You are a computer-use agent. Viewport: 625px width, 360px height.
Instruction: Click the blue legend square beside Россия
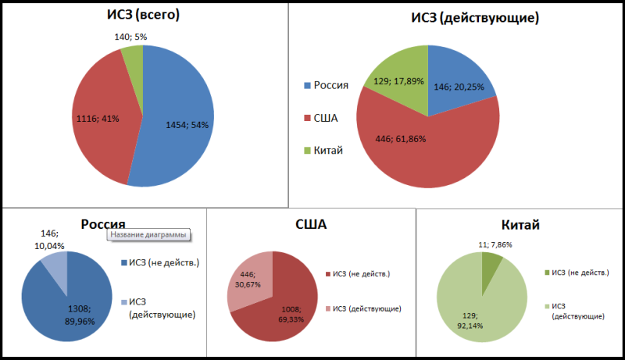click(x=308, y=85)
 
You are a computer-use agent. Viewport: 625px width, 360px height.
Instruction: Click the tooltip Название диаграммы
click(x=149, y=234)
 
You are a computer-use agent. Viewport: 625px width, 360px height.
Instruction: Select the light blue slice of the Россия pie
click(x=56, y=269)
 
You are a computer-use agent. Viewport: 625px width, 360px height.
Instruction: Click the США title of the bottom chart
click(x=311, y=225)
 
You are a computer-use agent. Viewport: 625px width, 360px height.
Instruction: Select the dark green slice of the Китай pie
click(x=491, y=257)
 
